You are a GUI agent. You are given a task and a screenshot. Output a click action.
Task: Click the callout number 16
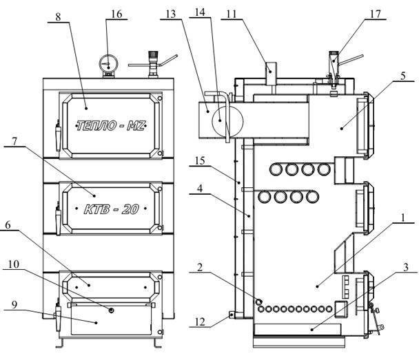116,14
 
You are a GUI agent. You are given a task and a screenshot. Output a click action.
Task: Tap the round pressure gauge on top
108,64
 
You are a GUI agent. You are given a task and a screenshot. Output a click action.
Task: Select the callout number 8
58,17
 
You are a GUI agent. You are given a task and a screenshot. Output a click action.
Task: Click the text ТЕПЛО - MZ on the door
111,126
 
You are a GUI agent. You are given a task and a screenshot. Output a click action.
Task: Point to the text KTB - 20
111,209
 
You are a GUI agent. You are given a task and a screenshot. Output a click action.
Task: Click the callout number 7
14,141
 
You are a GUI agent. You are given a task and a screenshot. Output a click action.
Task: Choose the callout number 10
14,264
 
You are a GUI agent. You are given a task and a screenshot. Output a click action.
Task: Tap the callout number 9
14,304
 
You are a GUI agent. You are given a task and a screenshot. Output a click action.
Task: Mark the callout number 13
170,14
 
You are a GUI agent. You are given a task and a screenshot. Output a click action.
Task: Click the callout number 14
200,12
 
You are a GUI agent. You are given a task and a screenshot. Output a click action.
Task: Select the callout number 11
232,14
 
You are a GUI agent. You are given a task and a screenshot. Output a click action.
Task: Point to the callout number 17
375,14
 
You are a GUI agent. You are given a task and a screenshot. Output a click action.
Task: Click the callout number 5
403,76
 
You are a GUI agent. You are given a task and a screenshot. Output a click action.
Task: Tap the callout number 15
200,161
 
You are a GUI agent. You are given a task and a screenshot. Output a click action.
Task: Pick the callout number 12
200,321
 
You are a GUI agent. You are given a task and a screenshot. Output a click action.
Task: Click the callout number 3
406,267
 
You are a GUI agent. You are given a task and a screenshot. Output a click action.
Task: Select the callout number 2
200,267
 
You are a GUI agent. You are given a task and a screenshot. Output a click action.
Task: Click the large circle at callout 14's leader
227,121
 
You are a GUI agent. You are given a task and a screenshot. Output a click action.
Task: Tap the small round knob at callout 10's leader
112,310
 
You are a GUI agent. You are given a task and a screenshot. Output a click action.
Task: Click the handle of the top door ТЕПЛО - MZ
58,136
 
